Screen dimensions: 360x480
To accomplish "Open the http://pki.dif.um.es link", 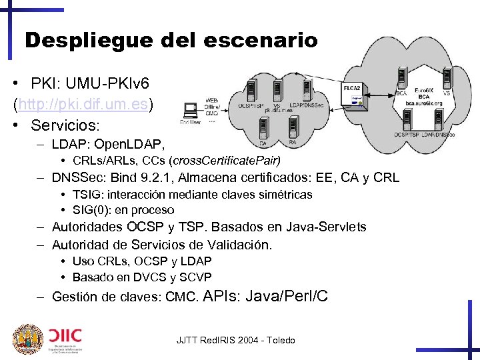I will (x=85, y=104).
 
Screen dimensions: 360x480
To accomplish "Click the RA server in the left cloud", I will (x=292, y=127).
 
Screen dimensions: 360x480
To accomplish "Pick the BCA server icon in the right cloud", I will (x=401, y=78).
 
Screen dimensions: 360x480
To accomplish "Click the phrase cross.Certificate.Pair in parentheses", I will (x=225, y=161).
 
